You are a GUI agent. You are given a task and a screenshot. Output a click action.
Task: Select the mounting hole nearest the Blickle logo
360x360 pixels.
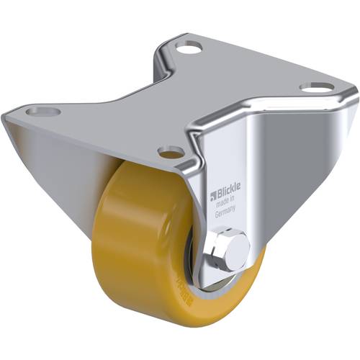pyautogui.click(x=171, y=152)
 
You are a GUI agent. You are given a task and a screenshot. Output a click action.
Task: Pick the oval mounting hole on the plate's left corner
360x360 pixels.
pyautogui.click(x=41, y=112)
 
